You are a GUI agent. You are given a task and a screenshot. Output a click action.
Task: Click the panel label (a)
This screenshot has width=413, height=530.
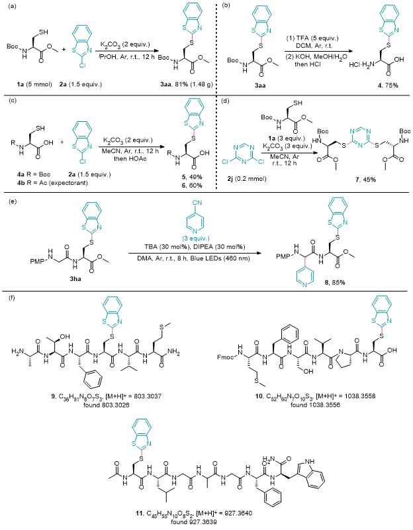[x=7, y=6]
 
